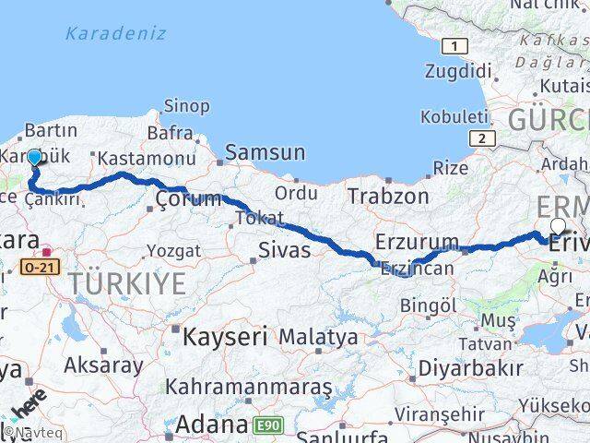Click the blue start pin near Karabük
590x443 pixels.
pos(34,158)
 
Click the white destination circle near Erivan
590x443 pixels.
pos(558,226)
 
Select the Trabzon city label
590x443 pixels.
pos(388,196)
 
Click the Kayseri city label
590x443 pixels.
pos(225,337)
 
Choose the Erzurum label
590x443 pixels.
pos(417,243)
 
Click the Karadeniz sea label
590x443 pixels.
pos(116,34)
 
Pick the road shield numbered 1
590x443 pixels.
pos(454,45)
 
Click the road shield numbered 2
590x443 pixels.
pos(480,138)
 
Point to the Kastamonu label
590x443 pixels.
pos(147,158)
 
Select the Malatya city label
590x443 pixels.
pos(318,337)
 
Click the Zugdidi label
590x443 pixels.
pos(459,71)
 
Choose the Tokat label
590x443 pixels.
pos(254,218)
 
